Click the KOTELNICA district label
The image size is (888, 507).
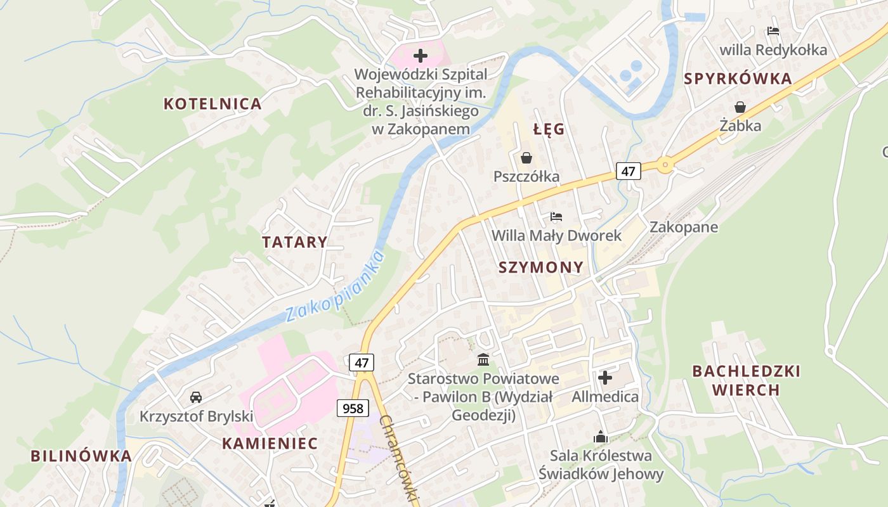click(x=212, y=104)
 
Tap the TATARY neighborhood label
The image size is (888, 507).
click(x=295, y=241)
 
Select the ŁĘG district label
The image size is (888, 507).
click(x=549, y=129)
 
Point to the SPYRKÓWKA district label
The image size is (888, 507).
click(x=738, y=79)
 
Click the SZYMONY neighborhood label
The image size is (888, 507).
click(x=540, y=267)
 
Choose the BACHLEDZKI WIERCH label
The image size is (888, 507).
click(x=746, y=380)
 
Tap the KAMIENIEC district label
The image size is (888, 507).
click(x=270, y=443)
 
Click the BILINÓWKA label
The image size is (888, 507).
click(x=81, y=456)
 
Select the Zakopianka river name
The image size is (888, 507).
click(x=335, y=286)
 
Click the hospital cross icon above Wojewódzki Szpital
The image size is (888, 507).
click(x=421, y=56)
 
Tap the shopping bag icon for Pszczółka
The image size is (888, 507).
click(x=526, y=157)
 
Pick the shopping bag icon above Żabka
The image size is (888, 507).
click(x=740, y=106)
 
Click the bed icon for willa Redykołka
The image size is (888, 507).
click(x=773, y=30)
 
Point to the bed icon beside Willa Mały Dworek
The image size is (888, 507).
click(x=556, y=217)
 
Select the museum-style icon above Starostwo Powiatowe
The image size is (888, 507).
click(x=483, y=360)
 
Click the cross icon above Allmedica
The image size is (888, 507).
click(x=605, y=378)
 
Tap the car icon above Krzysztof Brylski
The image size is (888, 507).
click(x=196, y=397)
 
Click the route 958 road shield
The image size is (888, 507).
click(x=353, y=408)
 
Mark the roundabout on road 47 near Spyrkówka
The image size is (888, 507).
click(x=665, y=165)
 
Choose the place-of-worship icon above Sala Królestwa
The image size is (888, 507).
click(x=600, y=437)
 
